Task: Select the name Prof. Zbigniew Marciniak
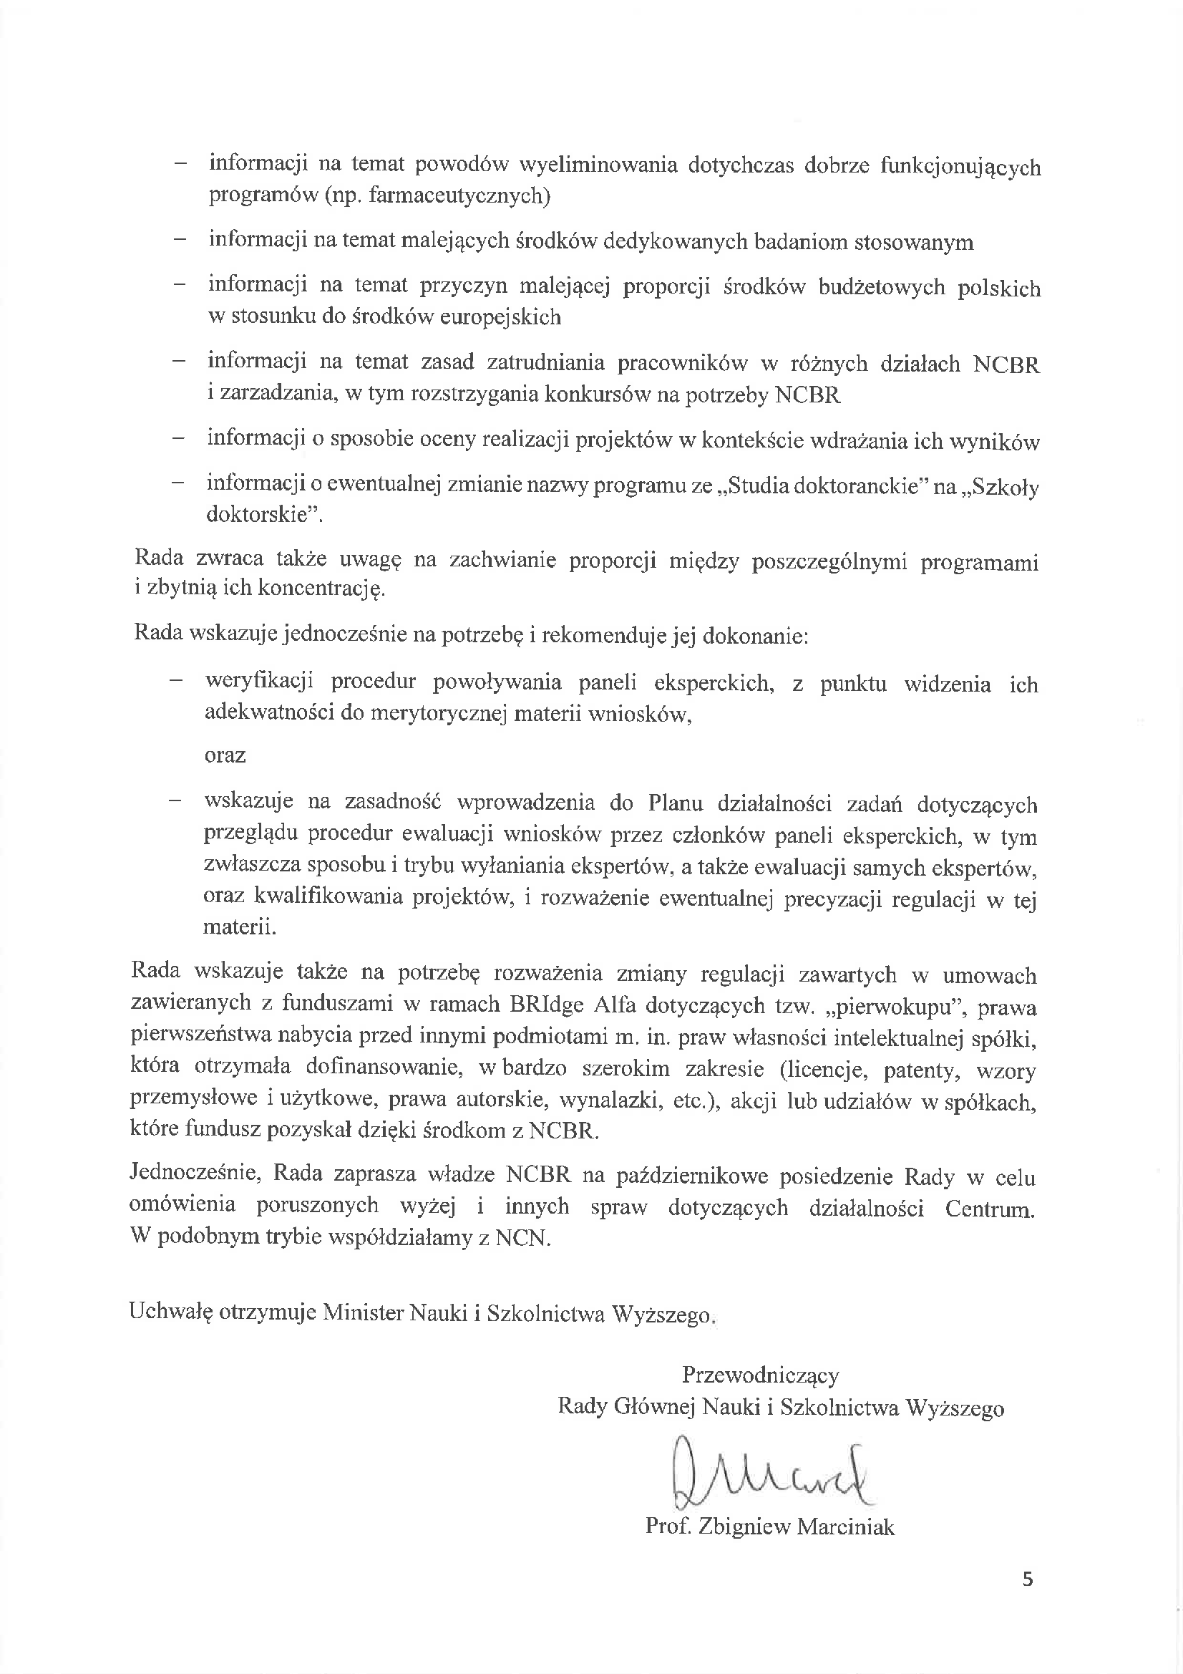pos(770,1527)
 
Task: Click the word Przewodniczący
pos(760,1375)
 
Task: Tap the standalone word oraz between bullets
pos(225,755)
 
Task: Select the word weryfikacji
pos(260,681)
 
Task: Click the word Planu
pos(675,803)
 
